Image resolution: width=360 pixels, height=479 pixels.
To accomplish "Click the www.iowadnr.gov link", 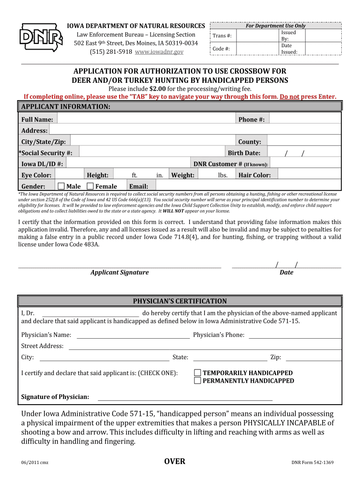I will (159, 51).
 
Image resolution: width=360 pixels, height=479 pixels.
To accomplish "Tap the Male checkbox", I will (61, 186).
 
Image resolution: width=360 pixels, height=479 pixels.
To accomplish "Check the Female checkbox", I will (90, 186).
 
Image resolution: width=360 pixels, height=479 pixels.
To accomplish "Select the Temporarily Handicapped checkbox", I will (197, 373).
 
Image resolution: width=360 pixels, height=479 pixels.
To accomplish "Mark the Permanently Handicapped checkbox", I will (197, 381).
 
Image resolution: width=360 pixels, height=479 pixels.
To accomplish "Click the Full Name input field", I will (145, 119).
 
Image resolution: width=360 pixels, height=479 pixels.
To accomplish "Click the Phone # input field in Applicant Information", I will (304, 119).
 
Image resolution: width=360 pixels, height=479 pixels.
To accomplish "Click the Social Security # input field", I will (150, 153).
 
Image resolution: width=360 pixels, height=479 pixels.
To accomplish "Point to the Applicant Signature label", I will (120, 272).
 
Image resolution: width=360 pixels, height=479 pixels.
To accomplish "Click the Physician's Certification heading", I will (180, 301).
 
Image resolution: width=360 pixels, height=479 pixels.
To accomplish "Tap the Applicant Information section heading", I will (66, 107).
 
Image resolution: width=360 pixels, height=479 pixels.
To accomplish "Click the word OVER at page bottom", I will (175, 462).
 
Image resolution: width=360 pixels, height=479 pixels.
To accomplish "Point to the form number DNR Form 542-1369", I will (312, 463).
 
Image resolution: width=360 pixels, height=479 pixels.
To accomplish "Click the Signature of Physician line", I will (185, 397).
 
